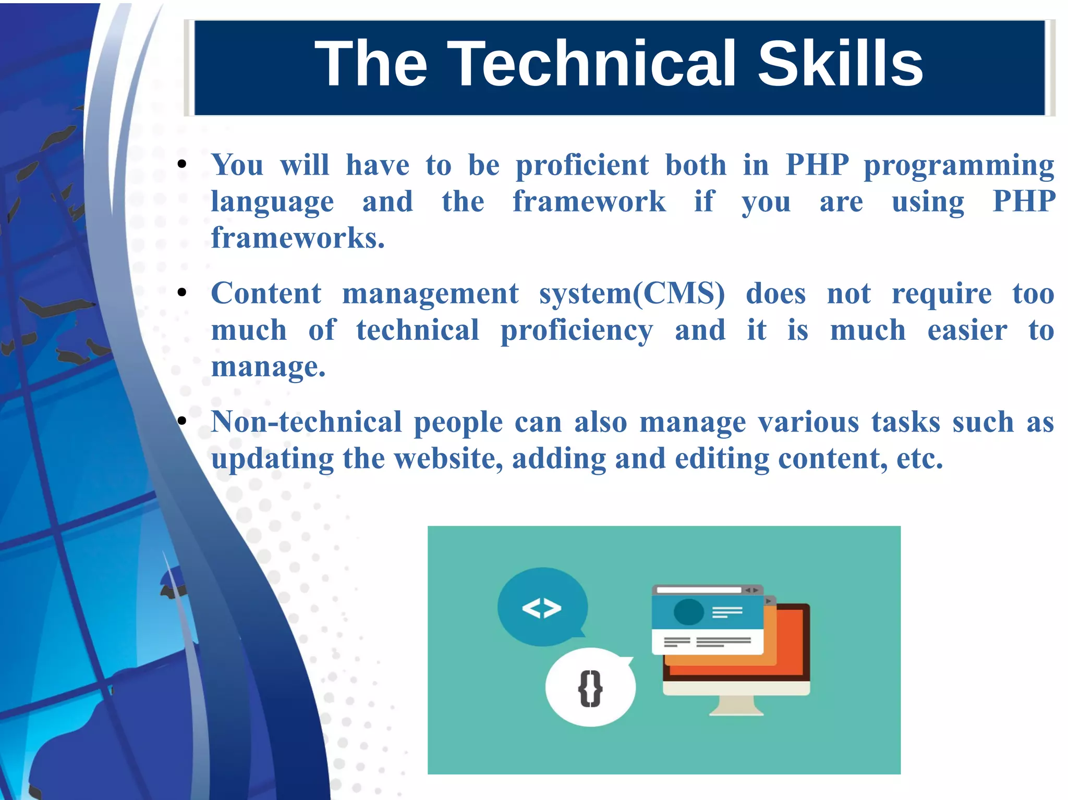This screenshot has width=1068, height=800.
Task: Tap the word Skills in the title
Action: [x=840, y=64]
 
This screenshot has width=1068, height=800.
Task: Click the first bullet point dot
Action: [x=181, y=165]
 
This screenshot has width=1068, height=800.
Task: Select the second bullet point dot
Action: [x=181, y=293]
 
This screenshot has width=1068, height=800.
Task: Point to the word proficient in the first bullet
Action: [x=582, y=166]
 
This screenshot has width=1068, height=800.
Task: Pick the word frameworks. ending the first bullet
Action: [x=298, y=238]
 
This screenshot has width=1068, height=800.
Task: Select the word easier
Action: [x=967, y=330]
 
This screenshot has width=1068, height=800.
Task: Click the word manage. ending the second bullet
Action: [x=268, y=367]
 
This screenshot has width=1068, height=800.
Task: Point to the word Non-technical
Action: [x=306, y=422]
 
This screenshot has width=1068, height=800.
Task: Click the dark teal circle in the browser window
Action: [x=688, y=611]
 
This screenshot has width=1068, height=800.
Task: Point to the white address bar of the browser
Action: [x=698, y=590]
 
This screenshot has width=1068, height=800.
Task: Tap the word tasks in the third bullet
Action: [x=906, y=422]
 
